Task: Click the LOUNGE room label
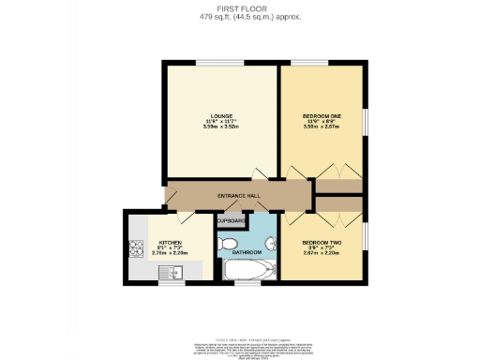coord(220,115)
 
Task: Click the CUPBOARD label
coord(232,221)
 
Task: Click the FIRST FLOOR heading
coord(239,9)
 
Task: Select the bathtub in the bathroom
coord(247,271)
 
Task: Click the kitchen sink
coord(174,272)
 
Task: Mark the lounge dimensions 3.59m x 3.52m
coord(220,127)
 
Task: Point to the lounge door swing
coord(261,175)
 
